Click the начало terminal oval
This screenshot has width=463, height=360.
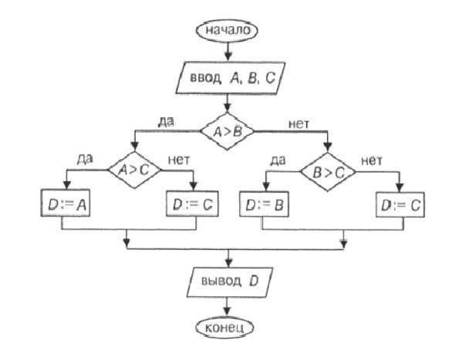tap(228, 31)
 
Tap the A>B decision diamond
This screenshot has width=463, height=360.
tap(228, 130)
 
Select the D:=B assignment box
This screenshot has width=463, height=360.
tap(265, 206)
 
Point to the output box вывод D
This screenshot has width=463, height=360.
tap(228, 281)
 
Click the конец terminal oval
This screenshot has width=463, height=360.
tap(228, 328)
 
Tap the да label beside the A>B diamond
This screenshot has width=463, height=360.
tap(164, 120)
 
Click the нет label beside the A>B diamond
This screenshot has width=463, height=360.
tap(299, 122)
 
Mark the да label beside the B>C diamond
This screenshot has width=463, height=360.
tap(281, 161)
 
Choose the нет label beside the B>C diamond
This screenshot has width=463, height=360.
tap(372, 161)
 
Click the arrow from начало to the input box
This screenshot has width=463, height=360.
tap(228, 51)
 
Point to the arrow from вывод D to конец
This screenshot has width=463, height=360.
tap(228, 306)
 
